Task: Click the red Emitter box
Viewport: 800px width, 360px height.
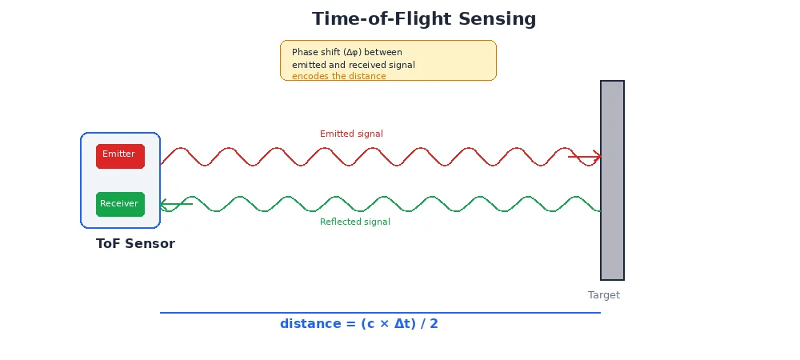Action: pyautogui.click(x=120, y=156)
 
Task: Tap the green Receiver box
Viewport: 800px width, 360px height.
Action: pyautogui.click(x=120, y=204)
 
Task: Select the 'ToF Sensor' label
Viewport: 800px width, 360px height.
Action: pyautogui.click(x=135, y=244)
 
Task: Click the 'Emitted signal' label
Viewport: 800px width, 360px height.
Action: pyautogui.click(x=351, y=134)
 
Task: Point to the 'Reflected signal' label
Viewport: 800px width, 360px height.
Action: pyautogui.click(x=354, y=222)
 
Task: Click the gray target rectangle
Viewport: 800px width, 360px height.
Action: pyautogui.click(x=612, y=180)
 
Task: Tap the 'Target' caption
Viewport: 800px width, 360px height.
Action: pyautogui.click(x=603, y=295)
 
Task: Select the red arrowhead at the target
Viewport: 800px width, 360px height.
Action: pyautogui.click(x=595, y=156)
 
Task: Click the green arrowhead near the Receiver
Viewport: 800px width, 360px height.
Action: pyautogui.click(x=165, y=204)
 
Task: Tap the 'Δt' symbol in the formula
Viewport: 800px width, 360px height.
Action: pyautogui.click(x=402, y=324)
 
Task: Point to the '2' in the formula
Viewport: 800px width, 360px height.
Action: pyautogui.click(x=434, y=324)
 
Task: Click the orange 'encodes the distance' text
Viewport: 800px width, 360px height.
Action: pyautogui.click(x=338, y=77)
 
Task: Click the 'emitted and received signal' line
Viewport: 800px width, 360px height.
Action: pyautogui.click(x=353, y=65)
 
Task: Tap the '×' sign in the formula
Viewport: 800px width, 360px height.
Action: pyautogui.click(x=384, y=324)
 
